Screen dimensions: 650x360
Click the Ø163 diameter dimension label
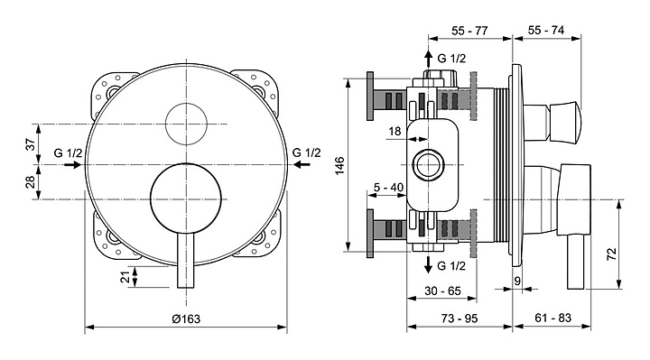[186, 318]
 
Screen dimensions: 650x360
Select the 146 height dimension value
[340, 166]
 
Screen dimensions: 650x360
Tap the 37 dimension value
[31, 144]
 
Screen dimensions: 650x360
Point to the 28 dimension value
[31, 182]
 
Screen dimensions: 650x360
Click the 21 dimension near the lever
[125, 277]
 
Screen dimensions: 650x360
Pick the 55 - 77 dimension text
[469, 31]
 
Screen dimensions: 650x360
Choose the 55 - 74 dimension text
[546, 31]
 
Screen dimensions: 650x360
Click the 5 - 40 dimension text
[388, 188]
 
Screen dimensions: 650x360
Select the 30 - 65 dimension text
[442, 291]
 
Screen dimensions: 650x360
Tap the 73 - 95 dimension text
[460, 318]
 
